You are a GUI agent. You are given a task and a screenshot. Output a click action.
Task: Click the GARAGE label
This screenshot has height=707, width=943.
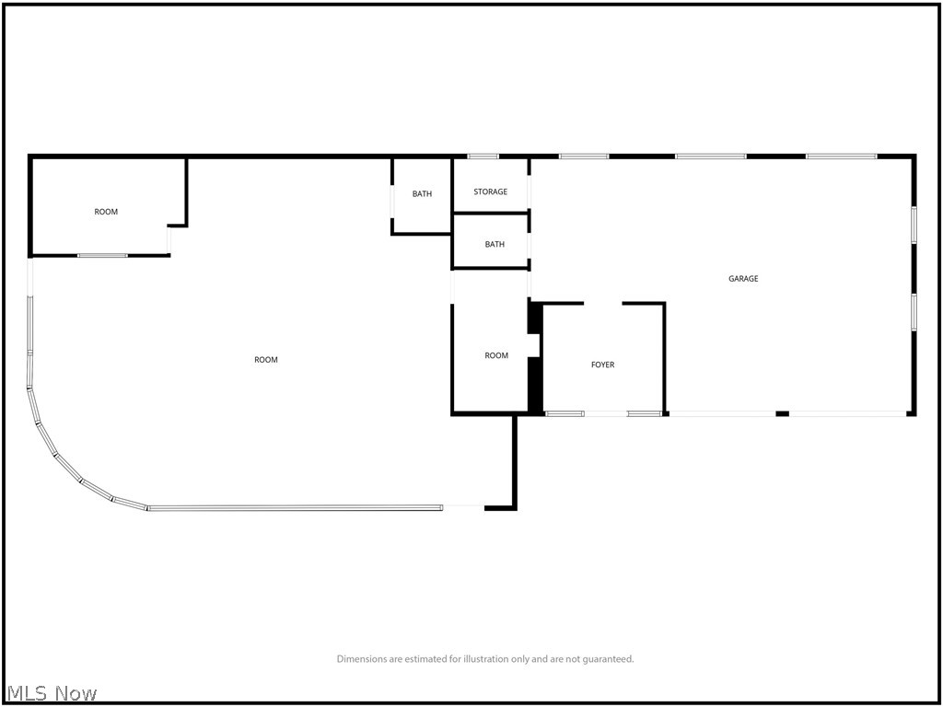pyautogui.click(x=743, y=278)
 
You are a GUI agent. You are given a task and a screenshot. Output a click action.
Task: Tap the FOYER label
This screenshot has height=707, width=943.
pyautogui.click(x=602, y=365)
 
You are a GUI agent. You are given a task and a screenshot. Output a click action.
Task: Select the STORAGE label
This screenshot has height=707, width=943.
pyautogui.click(x=490, y=191)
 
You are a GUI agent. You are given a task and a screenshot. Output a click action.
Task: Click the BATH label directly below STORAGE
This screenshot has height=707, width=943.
pyautogui.click(x=495, y=244)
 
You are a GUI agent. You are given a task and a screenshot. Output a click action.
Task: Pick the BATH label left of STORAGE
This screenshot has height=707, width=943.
pyautogui.click(x=422, y=193)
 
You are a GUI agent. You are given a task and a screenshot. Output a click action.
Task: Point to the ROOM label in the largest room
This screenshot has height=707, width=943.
pyautogui.click(x=266, y=359)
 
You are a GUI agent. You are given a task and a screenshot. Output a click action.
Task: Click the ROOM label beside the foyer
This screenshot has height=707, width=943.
pyautogui.click(x=496, y=355)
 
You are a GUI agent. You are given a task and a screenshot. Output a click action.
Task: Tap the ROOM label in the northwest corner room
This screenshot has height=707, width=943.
pyautogui.click(x=106, y=212)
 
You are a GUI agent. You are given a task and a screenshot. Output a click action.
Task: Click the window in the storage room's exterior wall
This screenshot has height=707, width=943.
pyautogui.click(x=483, y=156)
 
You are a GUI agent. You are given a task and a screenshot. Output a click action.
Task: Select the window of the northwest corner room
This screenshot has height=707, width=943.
pyautogui.click(x=102, y=255)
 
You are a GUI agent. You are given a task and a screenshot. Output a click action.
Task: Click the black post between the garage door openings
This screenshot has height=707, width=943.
pyautogui.click(x=782, y=413)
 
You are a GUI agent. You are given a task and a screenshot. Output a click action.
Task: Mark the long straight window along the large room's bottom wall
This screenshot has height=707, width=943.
pyautogui.click(x=295, y=507)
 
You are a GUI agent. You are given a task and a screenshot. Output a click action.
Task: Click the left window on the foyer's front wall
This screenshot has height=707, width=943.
pyautogui.click(x=565, y=413)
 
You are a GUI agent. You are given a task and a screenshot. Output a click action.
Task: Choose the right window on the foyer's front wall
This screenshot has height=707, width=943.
pyautogui.click(x=645, y=413)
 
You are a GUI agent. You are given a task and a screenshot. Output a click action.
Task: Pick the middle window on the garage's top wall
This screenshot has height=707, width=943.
pyautogui.click(x=711, y=156)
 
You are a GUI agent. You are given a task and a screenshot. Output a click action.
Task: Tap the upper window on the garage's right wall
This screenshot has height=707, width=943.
pyautogui.click(x=914, y=224)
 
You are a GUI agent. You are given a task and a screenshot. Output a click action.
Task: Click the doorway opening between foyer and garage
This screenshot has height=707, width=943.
pyautogui.click(x=603, y=303)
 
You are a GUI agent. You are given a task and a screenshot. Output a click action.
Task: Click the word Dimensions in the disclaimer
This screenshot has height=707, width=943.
pyautogui.click(x=363, y=659)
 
